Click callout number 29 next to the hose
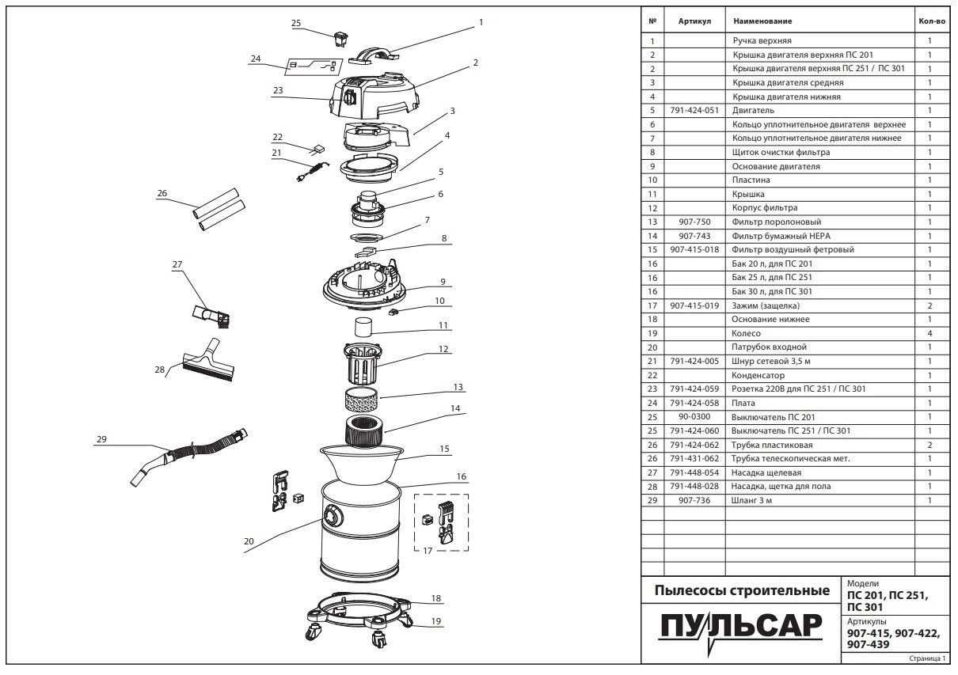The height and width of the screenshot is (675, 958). (101, 440)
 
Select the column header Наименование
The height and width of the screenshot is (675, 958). (762, 21)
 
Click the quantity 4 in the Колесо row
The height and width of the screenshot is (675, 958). (929, 333)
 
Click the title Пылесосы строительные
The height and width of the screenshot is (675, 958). (742, 590)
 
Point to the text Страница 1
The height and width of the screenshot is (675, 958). (927, 658)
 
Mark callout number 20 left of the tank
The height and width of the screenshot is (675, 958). (249, 541)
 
